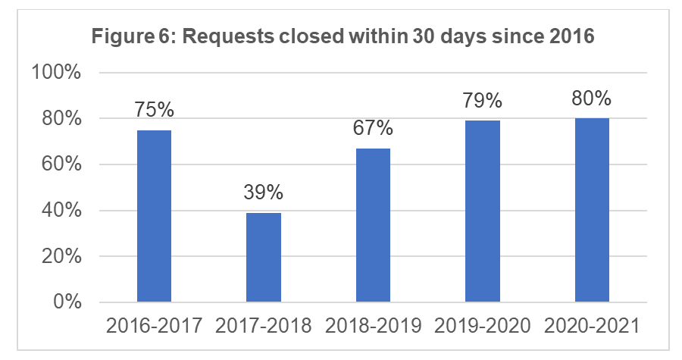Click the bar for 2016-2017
154,216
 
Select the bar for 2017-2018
264,258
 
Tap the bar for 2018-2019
373,225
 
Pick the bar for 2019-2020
483,211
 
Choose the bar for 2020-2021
592,210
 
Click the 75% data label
155,111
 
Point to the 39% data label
264,193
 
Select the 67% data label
373,129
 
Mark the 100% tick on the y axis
57,73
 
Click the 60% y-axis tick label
62,165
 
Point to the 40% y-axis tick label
62,211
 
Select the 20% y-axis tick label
62,257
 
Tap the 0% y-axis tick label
67,302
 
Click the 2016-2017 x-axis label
155,327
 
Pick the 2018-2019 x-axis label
373,327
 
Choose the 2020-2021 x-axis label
592,327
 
